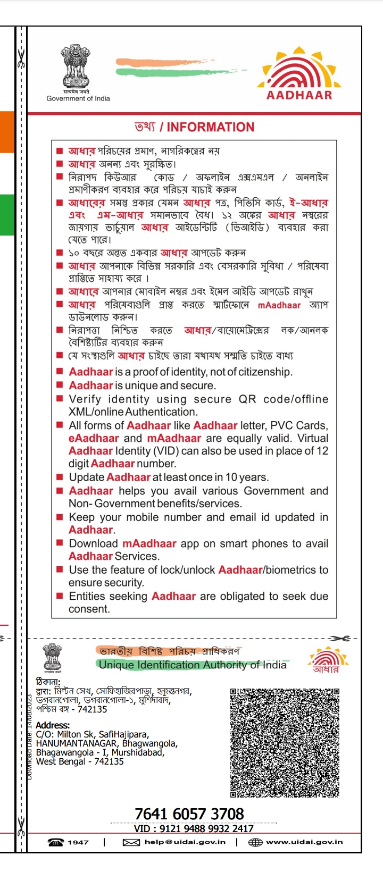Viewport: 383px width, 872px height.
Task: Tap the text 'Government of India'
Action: click(78, 98)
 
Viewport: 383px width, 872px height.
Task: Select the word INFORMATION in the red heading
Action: click(211, 128)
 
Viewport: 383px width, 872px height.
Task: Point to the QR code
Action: click(285, 742)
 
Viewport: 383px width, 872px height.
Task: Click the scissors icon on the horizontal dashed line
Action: click(339, 638)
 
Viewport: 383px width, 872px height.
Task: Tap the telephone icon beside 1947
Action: click(55, 842)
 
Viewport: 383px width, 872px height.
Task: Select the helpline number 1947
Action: click(78, 842)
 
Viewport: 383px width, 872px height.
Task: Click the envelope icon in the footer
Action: click(131, 842)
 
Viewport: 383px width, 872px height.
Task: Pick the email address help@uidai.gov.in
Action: click(185, 842)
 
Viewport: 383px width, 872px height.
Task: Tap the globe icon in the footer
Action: click(256, 842)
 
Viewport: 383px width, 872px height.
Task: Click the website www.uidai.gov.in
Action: click(304, 842)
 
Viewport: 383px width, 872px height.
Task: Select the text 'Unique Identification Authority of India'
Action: click(193, 665)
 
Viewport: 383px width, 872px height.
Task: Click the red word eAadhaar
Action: click(94, 439)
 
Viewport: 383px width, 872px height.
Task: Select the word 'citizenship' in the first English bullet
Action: click(265, 372)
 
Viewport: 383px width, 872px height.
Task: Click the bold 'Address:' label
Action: click(53, 725)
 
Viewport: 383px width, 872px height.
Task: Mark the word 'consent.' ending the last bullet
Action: click(89, 609)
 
